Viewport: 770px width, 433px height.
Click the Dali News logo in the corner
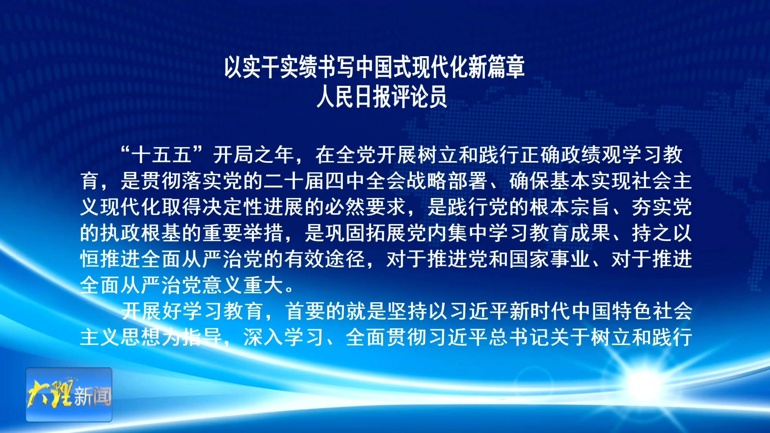69,395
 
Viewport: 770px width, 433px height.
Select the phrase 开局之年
253,155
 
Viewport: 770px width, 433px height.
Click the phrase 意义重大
243,285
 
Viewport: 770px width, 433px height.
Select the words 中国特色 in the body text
611,311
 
